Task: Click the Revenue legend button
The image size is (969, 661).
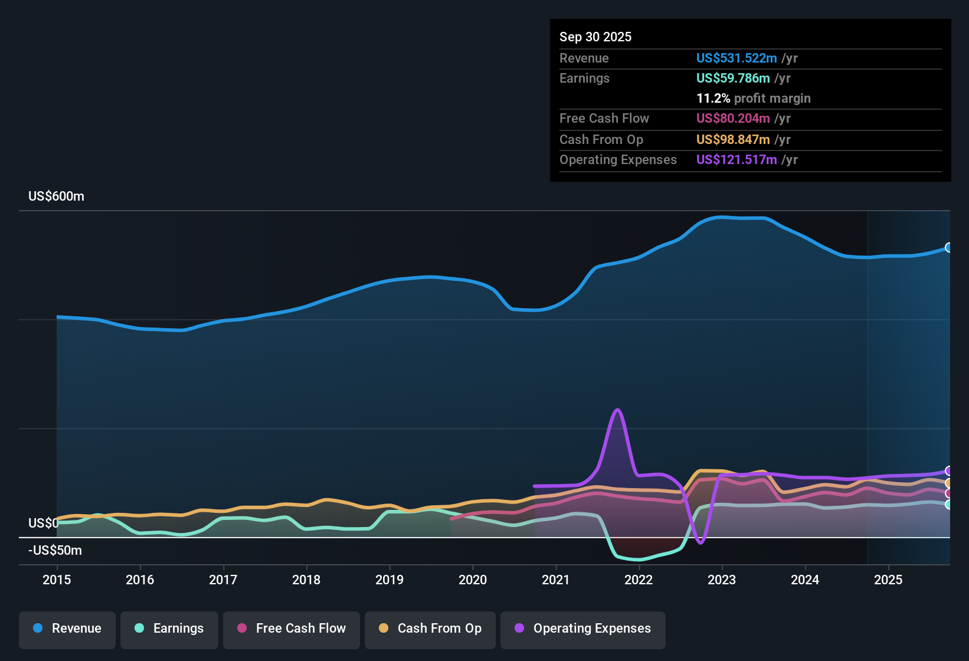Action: tap(67, 629)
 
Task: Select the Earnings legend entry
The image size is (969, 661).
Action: tap(169, 629)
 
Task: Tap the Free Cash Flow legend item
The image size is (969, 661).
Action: tap(292, 629)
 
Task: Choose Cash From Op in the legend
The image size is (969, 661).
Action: tap(430, 629)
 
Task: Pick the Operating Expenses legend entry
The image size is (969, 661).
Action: tap(583, 629)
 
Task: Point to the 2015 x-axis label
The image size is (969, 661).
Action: tap(57, 580)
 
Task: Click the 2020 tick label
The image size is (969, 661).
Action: tap(473, 580)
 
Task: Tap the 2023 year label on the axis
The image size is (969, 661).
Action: tap(722, 580)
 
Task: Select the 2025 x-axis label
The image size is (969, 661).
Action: tap(888, 580)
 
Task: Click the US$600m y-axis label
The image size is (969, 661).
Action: tap(57, 197)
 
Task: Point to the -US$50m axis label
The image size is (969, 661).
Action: tap(55, 551)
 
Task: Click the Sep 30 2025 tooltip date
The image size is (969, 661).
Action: tap(595, 37)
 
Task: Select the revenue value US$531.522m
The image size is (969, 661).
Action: tap(736, 58)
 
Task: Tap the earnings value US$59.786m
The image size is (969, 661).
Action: tap(733, 78)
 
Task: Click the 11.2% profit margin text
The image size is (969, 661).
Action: tap(754, 99)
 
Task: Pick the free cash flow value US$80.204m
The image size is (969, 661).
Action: tap(733, 119)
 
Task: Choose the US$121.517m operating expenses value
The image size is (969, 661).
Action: tap(736, 160)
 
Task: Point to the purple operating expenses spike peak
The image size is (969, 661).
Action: tap(617, 410)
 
